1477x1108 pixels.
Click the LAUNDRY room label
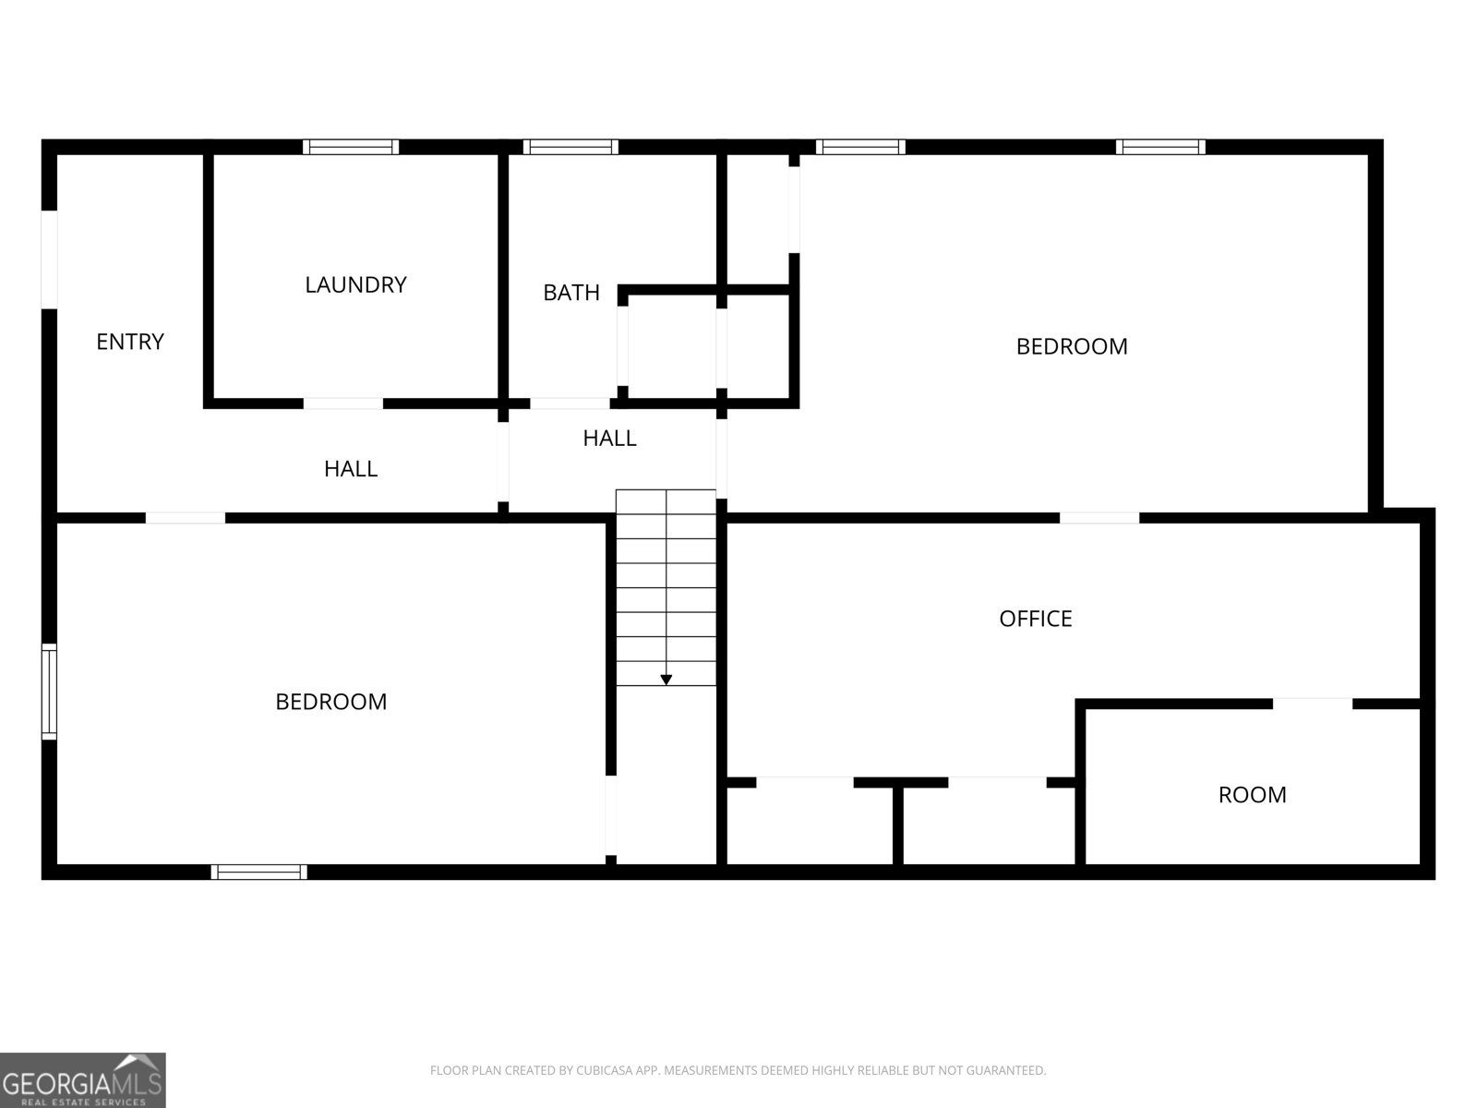point(355,284)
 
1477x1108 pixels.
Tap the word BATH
point(571,293)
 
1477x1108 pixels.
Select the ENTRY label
point(130,342)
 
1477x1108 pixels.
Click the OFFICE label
point(1036,619)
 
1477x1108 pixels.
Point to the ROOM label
point(1252,795)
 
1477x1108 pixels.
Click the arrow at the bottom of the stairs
point(666,680)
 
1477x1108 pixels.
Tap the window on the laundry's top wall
point(351,147)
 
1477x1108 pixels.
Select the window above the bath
point(570,147)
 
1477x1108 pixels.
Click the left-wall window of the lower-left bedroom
point(49,692)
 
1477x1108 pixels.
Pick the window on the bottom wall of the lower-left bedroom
point(258,872)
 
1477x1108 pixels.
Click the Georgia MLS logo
point(83,1080)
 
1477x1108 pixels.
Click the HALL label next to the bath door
point(609,439)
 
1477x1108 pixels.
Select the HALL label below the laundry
point(351,469)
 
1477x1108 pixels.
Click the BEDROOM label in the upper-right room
point(1072,346)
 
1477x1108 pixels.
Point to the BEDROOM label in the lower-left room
point(331,702)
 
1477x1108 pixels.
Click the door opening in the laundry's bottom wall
point(343,403)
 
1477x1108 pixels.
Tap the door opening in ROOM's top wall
point(1313,704)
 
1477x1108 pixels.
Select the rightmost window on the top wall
point(1160,147)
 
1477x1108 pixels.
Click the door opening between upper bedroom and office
point(1099,518)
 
